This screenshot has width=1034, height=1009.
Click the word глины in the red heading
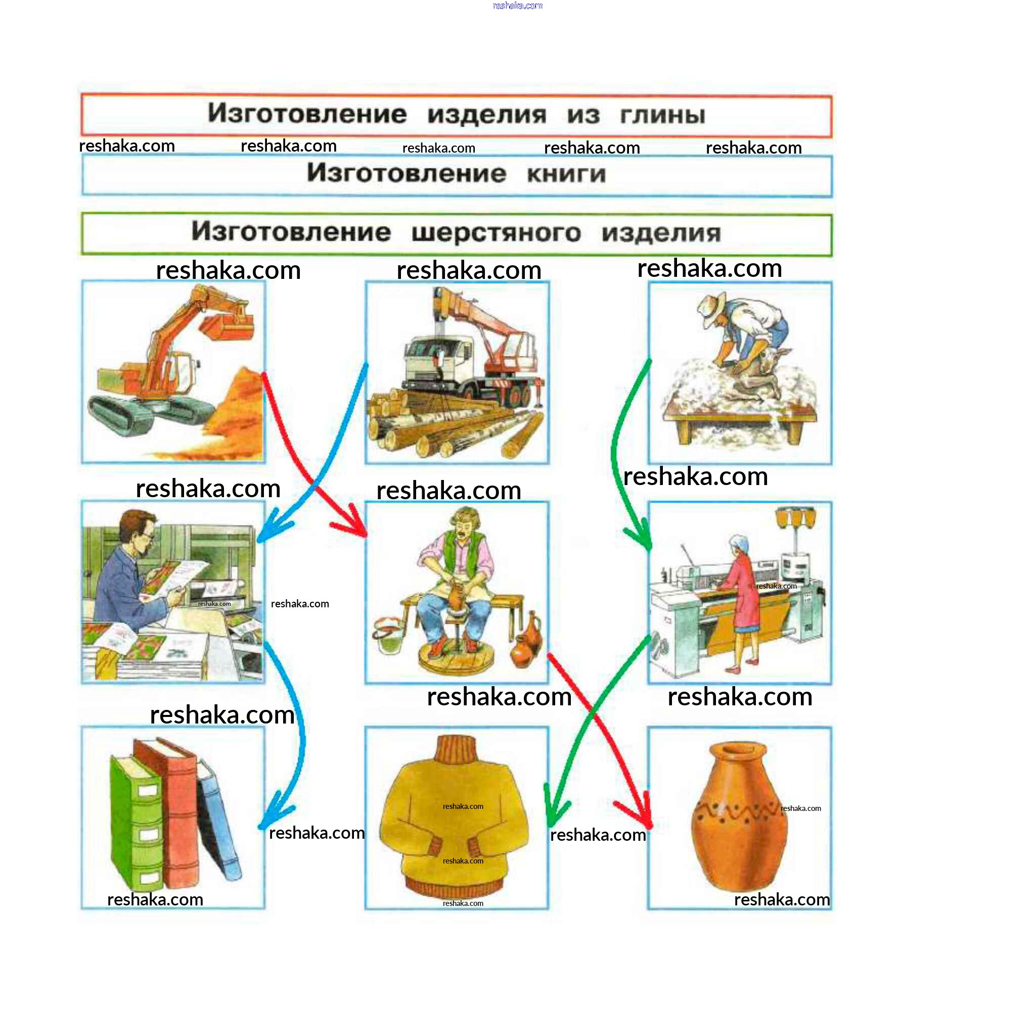pyautogui.click(x=663, y=115)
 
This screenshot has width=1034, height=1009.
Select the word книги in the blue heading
pyautogui.click(x=566, y=174)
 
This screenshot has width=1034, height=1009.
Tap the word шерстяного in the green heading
pyautogui.click(x=496, y=232)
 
